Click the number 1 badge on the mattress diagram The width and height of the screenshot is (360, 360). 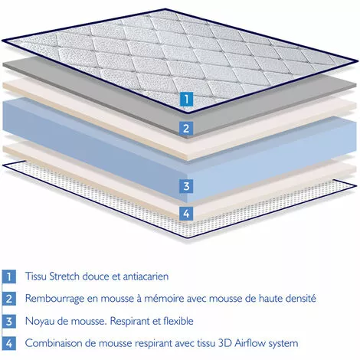185,98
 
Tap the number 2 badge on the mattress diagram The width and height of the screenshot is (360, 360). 185,128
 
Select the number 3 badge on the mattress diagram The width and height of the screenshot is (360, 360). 185,185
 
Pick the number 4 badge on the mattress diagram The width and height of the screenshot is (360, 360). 185,213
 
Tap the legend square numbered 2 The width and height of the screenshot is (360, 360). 9,298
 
